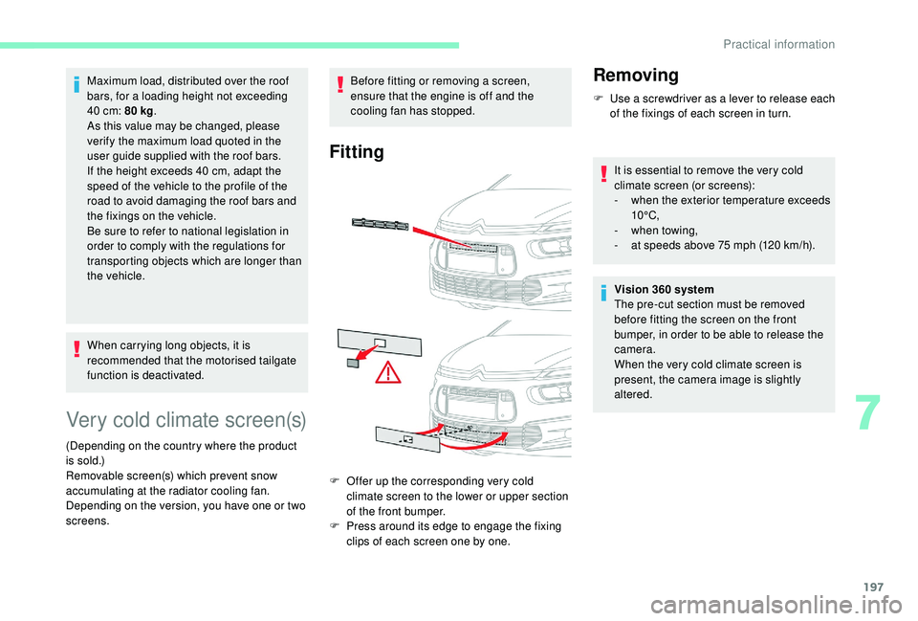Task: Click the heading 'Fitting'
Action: point(357,152)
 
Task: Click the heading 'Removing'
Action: point(636,75)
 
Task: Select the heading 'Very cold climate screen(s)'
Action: point(186,420)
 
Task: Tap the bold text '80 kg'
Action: point(140,111)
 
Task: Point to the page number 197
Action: point(873,587)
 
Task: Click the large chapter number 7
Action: point(867,413)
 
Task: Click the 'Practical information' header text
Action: point(778,45)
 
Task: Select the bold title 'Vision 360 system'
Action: point(664,289)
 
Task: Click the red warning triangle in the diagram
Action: point(388,373)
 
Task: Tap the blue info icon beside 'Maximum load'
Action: point(76,84)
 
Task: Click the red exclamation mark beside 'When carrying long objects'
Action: point(76,349)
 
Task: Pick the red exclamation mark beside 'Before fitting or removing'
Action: point(339,84)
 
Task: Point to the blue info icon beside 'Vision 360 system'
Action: point(603,293)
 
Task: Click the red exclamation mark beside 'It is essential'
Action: point(603,174)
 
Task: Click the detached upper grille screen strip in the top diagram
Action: point(381,224)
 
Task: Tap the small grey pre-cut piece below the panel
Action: point(353,364)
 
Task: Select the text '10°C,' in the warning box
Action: point(645,215)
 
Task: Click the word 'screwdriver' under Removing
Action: point(672,99)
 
